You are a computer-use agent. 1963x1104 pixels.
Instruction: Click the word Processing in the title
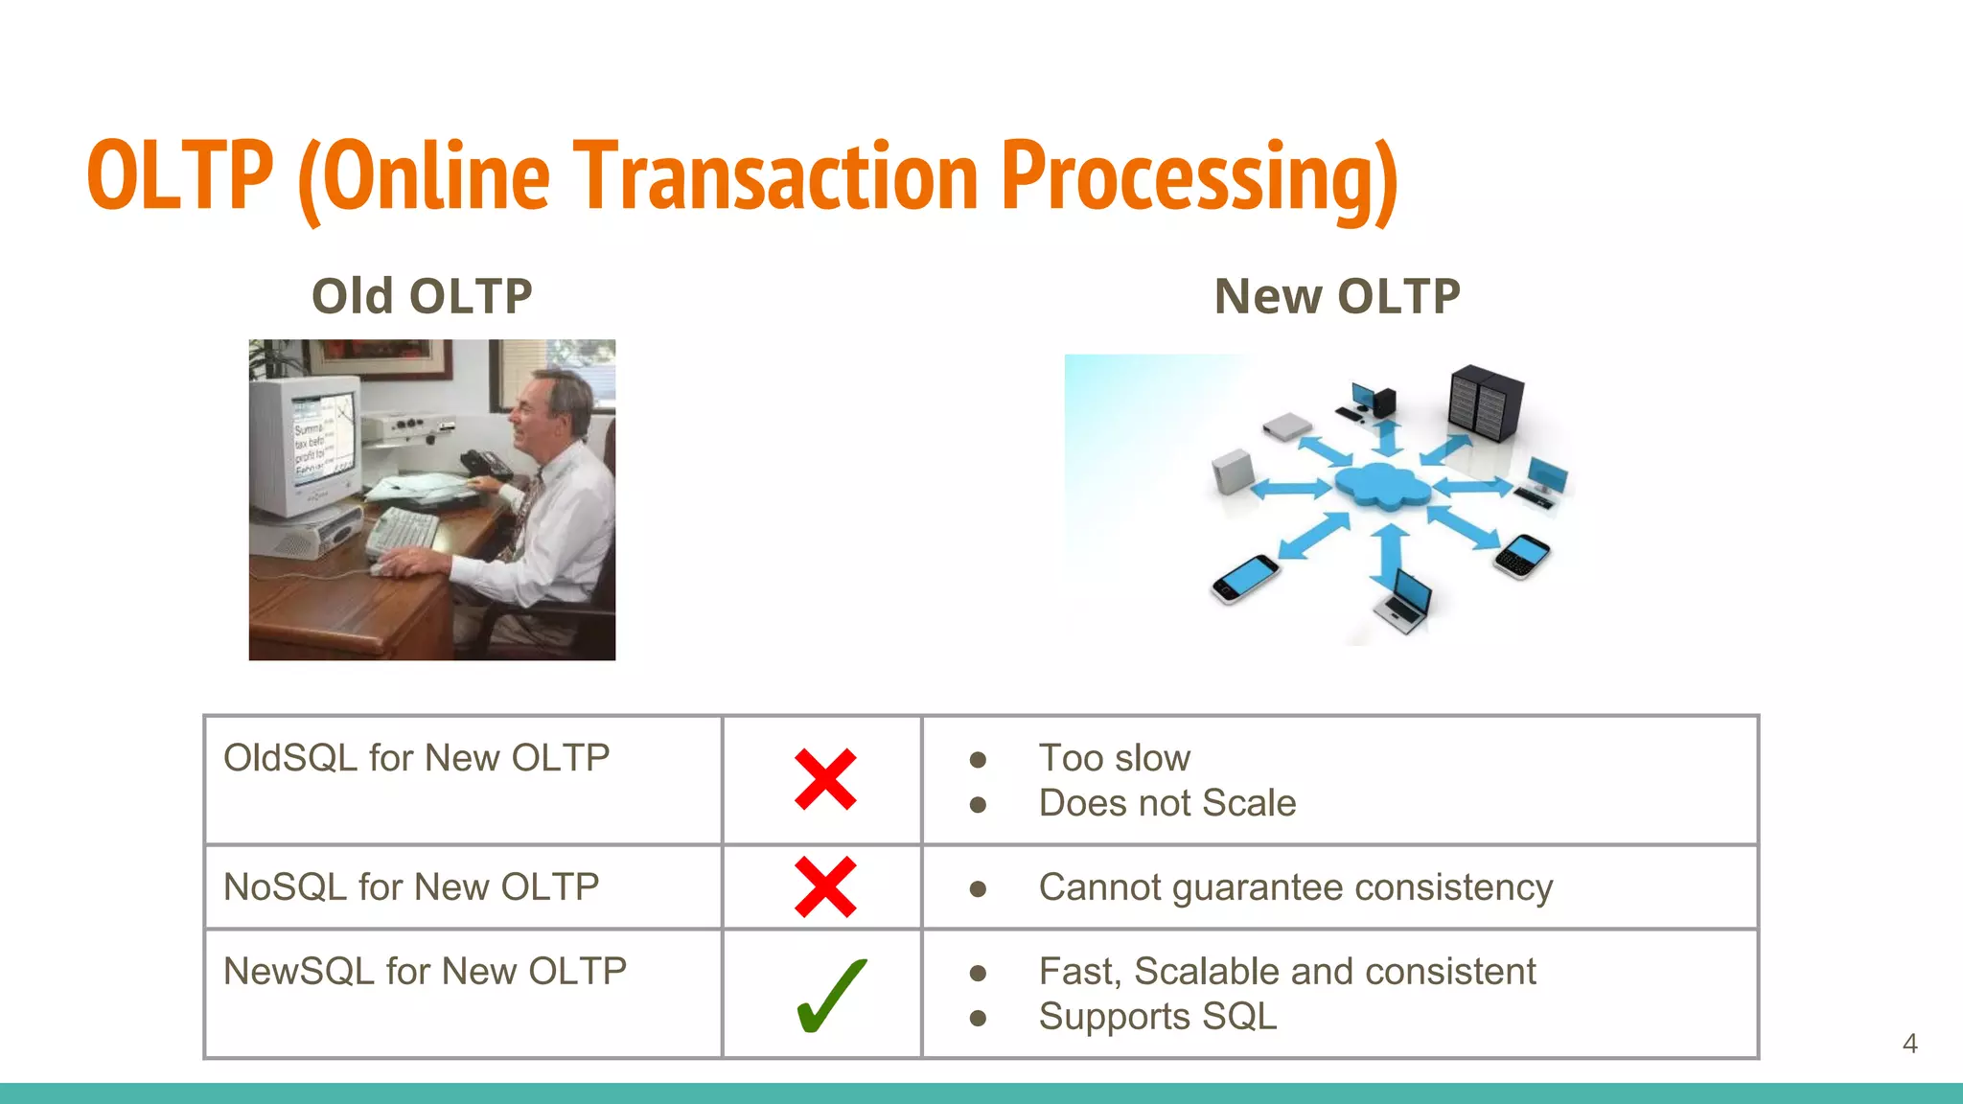coord(1198,177)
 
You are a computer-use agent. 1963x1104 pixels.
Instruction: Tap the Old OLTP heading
coord(422,296)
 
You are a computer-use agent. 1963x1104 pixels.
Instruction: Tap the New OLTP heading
coord(1336,296)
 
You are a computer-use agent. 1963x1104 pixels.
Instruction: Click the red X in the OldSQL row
coord(825,780)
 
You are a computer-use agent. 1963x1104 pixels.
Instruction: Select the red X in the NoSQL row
coord(825,887)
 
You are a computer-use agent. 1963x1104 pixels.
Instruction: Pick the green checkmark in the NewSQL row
coord(830,997)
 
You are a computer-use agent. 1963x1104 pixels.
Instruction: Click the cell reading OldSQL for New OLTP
coord(416,758)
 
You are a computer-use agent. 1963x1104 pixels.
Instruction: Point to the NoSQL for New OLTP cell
coord(411,887)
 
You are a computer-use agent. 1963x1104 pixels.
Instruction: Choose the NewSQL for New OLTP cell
coord(425,972)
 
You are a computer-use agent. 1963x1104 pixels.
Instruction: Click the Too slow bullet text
coord(1114,758)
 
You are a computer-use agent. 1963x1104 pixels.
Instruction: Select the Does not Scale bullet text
coord(1166,803)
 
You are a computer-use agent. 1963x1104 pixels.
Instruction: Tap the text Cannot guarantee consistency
coord(1295,887)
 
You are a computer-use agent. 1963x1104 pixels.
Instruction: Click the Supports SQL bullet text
coord(1157,1017)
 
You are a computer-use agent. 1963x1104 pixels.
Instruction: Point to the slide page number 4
coord(1909,1044)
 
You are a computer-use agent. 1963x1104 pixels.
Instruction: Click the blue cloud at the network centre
coord(1381,486)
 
